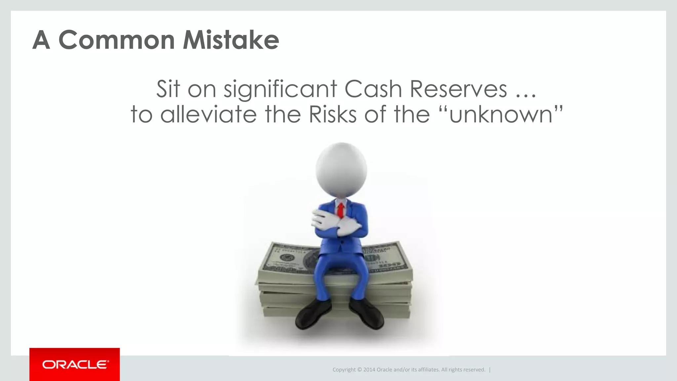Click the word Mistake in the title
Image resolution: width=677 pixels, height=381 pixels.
pyautogui.click(x=231, y=40)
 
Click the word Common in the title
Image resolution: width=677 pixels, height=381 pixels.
pyautogui.click(x=116, y=40)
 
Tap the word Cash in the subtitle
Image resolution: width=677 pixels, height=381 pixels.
pyautogui.click(x=373, y=89)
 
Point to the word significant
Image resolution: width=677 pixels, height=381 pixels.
pyautogui.click(x=280, y=90)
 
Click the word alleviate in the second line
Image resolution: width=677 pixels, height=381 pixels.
pyautogui.click(x=208, y=114)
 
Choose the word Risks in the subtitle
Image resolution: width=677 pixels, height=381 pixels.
pyautogui.click(x=332, y=114)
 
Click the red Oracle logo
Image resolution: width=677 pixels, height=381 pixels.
pyautogui.click(x=75, y=364)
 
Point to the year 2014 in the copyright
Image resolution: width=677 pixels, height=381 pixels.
pyautogui.click(x=369, y=370)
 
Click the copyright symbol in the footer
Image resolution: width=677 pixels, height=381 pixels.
pyautogui.click(x=359, y=370)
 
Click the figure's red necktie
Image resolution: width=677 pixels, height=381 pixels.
pyautogui.click(x=340, y=210)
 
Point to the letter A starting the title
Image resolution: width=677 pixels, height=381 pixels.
pyautogui.click(x=41, y=40)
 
